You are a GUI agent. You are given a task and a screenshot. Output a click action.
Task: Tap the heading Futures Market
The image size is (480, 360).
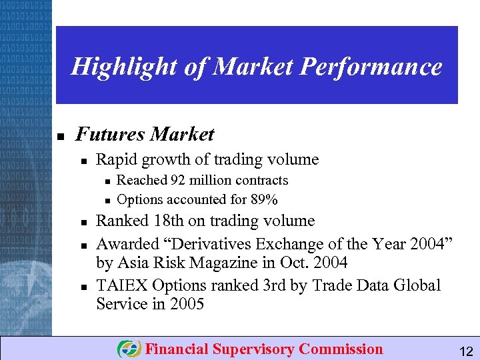click(x=145, y=135)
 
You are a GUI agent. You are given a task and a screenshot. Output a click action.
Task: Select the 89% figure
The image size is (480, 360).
click(x=265, y=199)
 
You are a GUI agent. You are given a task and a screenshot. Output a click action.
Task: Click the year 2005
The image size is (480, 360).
click(x=187, y=304)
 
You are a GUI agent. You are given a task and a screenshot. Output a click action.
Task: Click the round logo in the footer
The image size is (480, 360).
click(x=129, y=349)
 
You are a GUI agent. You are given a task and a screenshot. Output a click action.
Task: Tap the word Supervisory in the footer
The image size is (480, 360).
click(x=254, y=349)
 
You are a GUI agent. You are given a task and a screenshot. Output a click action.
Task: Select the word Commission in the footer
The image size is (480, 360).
click(x=341, y=349)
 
